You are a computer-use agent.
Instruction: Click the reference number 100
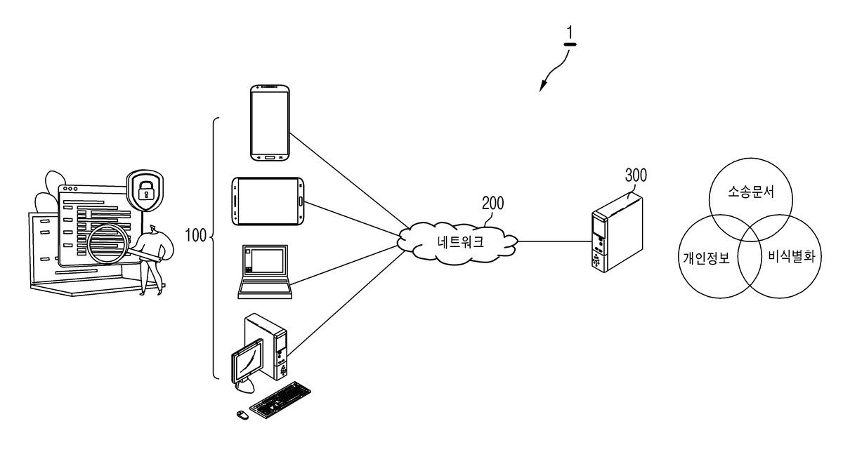coord(196,235)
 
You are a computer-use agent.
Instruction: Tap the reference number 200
coord(492,203)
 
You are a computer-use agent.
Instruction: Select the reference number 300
coord(636,175)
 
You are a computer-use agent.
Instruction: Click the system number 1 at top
coord(570,32)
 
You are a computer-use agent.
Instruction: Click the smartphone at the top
coord(270,123)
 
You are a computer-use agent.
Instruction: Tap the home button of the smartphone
coord(270,156)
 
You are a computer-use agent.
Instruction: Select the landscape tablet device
coord(268,201)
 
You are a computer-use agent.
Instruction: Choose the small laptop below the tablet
coord(265,272)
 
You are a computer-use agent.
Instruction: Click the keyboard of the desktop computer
coord(280,400)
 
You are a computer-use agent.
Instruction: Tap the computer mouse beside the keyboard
coord(243,415)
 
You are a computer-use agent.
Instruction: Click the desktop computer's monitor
coord(247,360)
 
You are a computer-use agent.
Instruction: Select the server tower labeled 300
coord(617,232)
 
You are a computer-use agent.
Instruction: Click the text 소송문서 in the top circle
coord(750,192)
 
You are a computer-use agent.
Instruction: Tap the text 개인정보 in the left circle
coord(707,258)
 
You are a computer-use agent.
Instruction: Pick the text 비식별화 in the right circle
coord(792,256)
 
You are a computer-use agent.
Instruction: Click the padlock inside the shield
coord(145,190)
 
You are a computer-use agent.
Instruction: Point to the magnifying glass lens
coord(107,244)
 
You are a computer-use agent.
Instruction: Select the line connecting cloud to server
coord(555,241)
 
